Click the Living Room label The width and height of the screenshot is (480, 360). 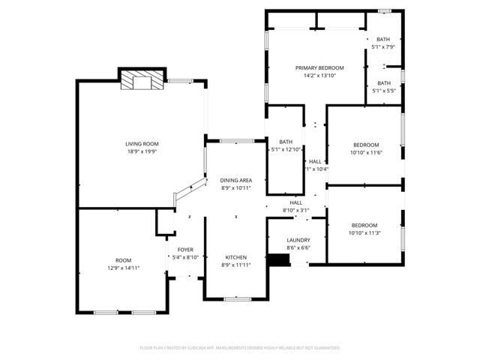coord(141,143)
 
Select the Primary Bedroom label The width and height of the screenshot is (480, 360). coord(319,67)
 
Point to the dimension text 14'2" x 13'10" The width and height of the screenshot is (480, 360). coord(319,76)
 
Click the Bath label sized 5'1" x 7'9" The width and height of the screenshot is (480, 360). coord(383,39)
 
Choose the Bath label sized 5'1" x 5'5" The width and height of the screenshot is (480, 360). coord(383,83)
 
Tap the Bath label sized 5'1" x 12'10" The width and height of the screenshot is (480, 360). coord(286,142)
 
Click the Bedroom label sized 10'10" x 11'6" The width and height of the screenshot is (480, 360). coord(365,145)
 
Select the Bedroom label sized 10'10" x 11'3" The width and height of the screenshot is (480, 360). coord(364,225)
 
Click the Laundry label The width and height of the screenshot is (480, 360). coord(298,240)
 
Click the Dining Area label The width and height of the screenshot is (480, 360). coord(235,180)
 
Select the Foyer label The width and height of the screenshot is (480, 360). coord(185,249)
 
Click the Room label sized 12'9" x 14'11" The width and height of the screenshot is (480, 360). coord(123,259)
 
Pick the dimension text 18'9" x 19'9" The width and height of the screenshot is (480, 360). coord(141,151)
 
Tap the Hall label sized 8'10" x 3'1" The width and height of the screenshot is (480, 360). coord(296,202)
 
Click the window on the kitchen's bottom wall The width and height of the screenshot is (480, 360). coord(237,298)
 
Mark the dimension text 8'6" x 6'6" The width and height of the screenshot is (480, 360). coord(298,247)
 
